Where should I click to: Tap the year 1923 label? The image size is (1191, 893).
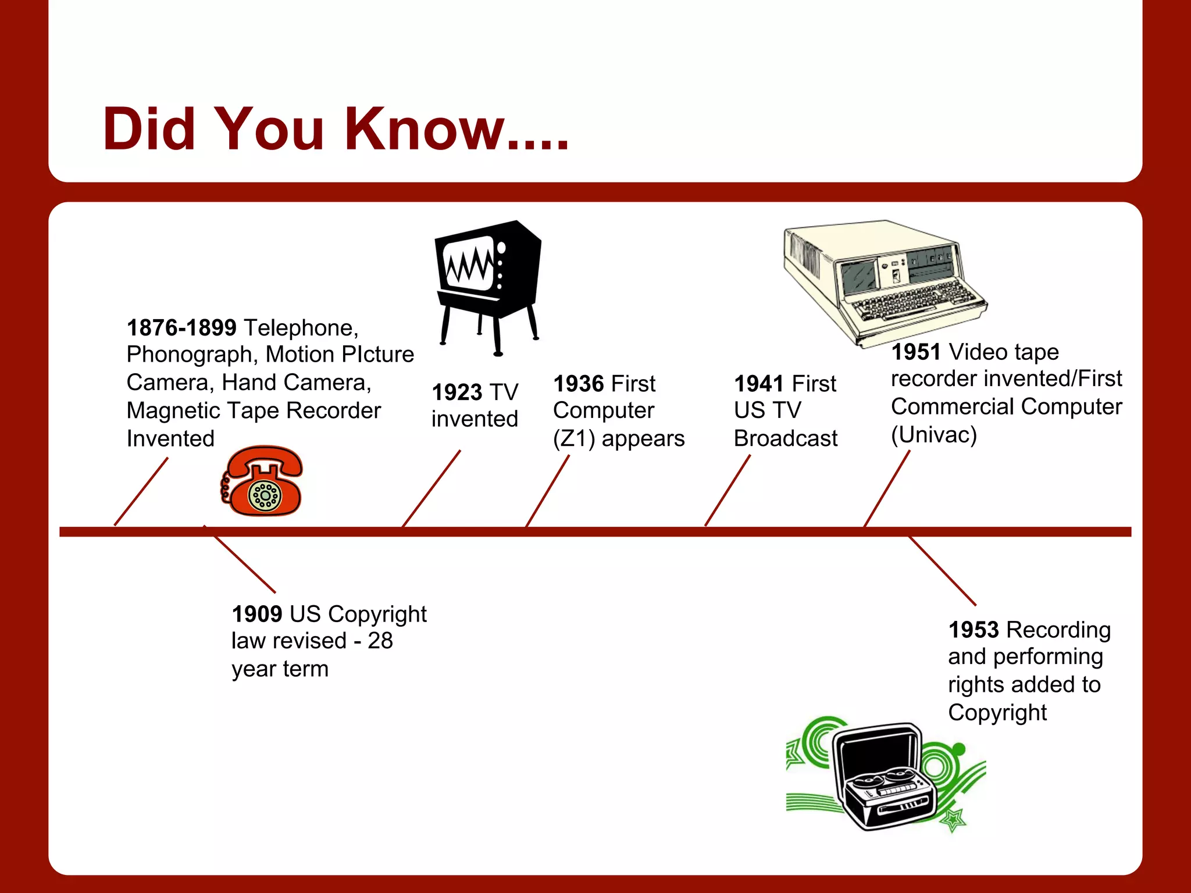[457, 392]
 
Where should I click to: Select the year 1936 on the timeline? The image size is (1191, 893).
[579, 384]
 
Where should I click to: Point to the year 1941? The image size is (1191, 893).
[759, 384]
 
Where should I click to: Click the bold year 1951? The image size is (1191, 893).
[916, 352]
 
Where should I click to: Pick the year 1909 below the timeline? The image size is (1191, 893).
[256, 614]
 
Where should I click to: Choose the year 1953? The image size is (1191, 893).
[974, 630]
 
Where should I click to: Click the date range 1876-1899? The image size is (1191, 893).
[181, 328]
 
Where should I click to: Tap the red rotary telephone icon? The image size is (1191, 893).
[263, 481]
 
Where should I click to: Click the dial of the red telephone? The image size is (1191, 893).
[265, 495]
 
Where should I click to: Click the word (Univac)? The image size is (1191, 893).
[933, 435]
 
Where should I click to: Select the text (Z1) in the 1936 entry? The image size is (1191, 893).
[573, 439]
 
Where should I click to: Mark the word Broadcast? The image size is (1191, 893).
[785, 438]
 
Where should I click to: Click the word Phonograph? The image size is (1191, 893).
[190, 355]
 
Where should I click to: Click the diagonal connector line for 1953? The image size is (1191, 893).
[942, 571]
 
